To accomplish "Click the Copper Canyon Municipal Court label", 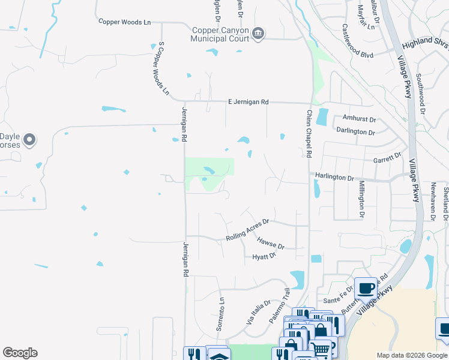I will tap(220, 35).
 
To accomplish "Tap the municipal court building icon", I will tap(258, 33).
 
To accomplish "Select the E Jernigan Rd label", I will tap(248, 102).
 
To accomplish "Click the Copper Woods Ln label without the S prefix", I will tap(125, 22).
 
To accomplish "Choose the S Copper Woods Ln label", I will tap(161, 68).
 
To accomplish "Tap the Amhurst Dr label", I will tap(358, 119).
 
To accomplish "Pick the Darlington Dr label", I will tap(355, 131).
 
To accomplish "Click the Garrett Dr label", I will tap(387, 158).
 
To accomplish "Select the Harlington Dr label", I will tap(334, 178).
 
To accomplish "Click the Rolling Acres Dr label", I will tap(249, 230).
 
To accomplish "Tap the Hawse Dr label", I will tap(271, 242).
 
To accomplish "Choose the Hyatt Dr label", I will tap(264, 256).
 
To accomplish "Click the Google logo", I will tap(20, 353).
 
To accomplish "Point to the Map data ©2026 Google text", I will tap(412, 355).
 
